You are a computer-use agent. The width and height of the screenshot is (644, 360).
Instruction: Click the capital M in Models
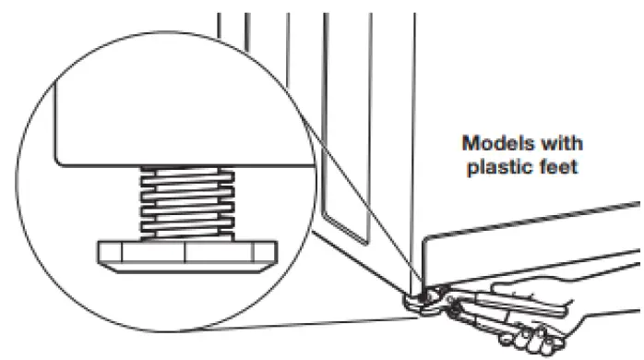[x=471, y=144]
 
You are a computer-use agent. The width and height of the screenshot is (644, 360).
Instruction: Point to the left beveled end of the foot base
[x=103, y=256]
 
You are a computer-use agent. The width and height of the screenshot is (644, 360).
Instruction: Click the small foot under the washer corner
[x=418, y=297]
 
